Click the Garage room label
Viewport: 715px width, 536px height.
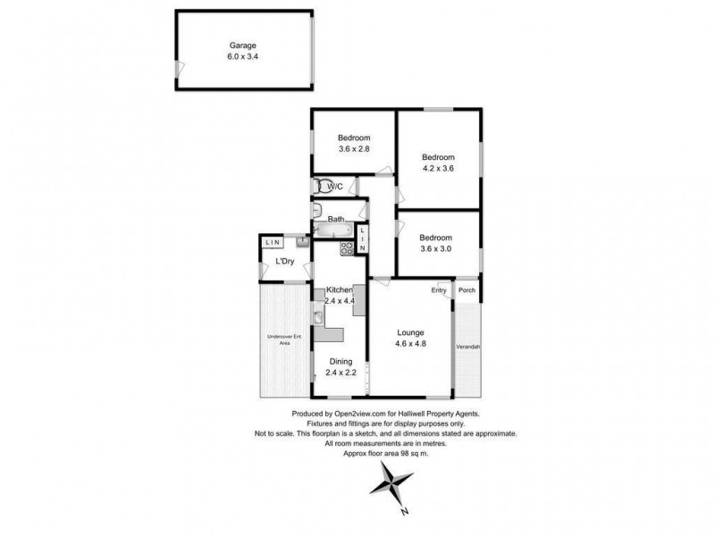click(243, 45)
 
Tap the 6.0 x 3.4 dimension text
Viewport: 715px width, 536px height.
click(243, 56)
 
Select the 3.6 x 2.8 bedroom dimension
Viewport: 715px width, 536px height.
click(354, 149)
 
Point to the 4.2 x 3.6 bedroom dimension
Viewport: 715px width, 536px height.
click(439, 167)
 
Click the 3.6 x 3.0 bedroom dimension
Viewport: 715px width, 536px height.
click(439, 249)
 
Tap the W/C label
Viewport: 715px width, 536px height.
click(335, 187)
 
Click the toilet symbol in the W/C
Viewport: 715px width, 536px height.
click(319, 187)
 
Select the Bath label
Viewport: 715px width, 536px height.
click(336, 219)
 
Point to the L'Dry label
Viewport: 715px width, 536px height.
click(285, 261)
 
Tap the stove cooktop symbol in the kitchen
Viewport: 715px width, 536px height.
click(348, 249)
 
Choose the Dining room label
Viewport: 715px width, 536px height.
click(341, 362)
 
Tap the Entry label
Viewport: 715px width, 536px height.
click(439, 290)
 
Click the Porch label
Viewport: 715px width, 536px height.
click(467, 290)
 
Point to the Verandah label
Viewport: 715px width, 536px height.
click(468, 346)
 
